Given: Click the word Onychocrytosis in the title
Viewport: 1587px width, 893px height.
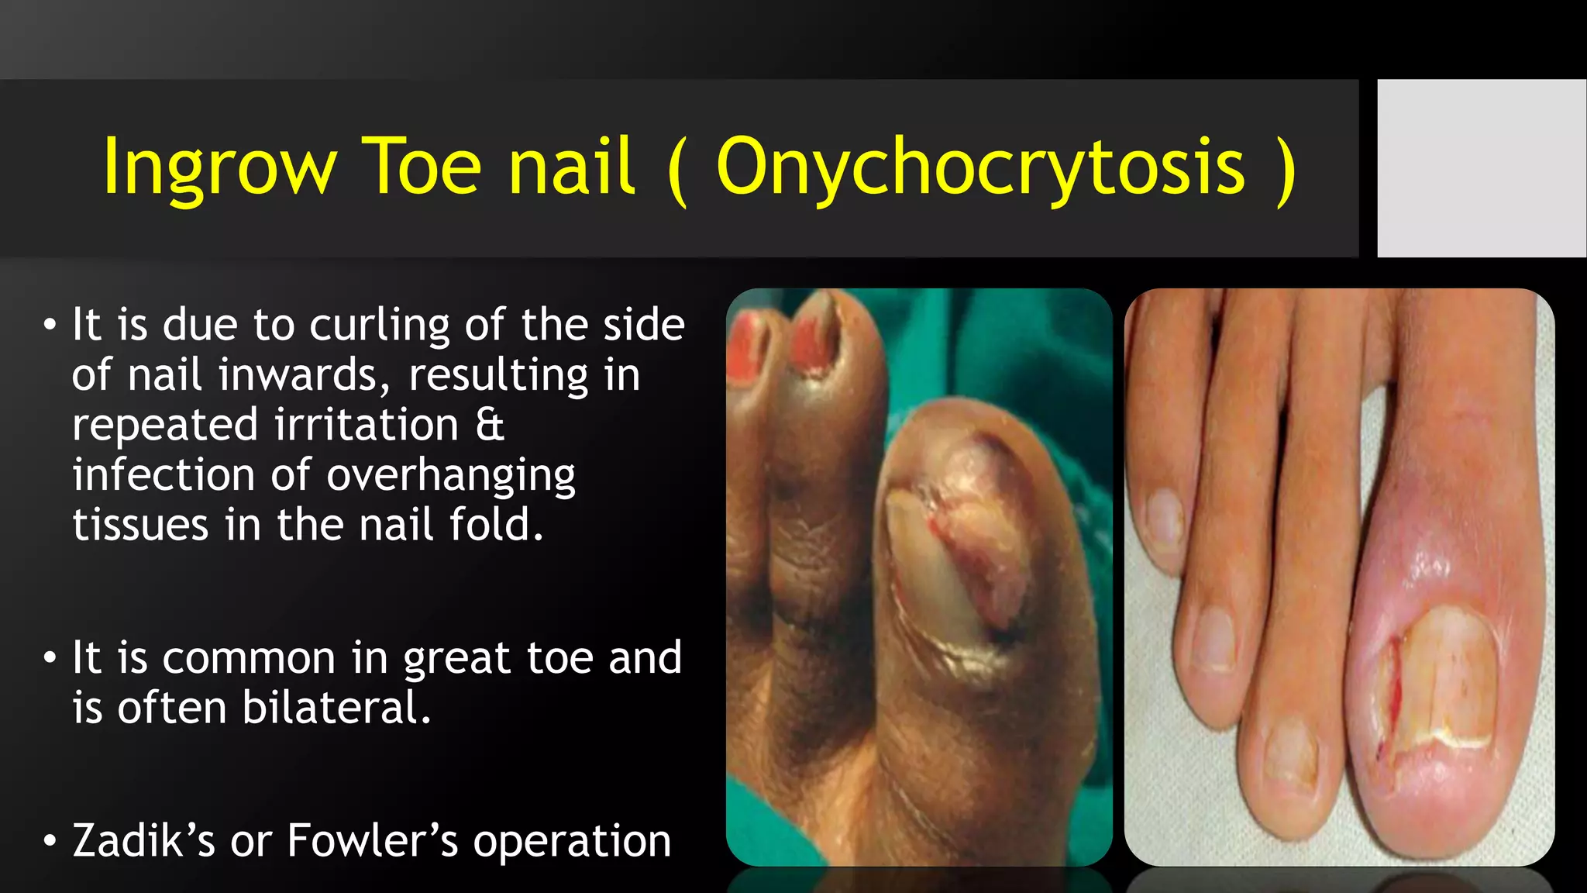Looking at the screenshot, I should tap(980, 167).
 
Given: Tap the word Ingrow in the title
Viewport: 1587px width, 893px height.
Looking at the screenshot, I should tap(219, 167).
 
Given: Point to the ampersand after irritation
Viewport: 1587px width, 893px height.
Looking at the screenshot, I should tap(490, 425).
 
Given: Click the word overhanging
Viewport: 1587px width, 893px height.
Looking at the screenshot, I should tap(450, 475).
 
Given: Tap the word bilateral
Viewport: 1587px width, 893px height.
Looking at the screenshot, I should tap(336, 708).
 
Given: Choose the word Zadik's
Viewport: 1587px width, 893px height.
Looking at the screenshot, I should tap(143, 841).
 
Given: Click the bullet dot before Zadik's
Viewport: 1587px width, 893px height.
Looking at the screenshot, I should tap(50, 841).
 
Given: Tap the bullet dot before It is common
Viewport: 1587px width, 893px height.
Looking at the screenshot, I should tap(50, 658).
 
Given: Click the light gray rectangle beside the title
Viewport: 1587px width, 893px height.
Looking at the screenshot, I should tap(1481, 167).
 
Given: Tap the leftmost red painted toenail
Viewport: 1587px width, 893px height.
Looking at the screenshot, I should tap(746, 349).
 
